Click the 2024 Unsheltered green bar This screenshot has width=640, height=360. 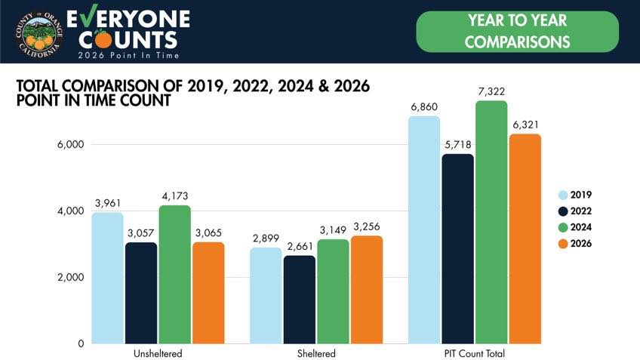click(174, 274)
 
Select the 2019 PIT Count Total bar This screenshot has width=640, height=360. click(424, 229)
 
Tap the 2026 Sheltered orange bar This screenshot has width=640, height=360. click(367, 290)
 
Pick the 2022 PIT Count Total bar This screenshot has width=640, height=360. click(458, 249)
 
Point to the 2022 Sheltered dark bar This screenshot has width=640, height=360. click(300, 300)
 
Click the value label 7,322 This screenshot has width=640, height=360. click(491, 91)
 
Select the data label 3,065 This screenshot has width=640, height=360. click(208, 233)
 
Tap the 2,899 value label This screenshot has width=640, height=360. click(266, 238)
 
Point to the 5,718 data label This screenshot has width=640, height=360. click(458, 145)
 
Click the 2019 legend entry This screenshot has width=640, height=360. click(574, 195)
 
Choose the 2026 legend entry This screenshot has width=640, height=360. click(574, 244)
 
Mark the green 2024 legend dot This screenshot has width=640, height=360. click(563, 227)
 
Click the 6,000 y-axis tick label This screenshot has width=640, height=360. click(71, 144)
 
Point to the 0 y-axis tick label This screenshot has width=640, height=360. click(81, 343)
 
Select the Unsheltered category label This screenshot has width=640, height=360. click(158, 353)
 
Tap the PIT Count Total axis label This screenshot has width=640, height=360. click(475, 353)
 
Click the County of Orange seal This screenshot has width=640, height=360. click(39, 34)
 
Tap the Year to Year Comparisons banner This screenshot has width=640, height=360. click(518, 32)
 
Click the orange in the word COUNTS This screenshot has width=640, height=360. click(102, 39)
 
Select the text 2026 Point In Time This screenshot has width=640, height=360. click(128, 56)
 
